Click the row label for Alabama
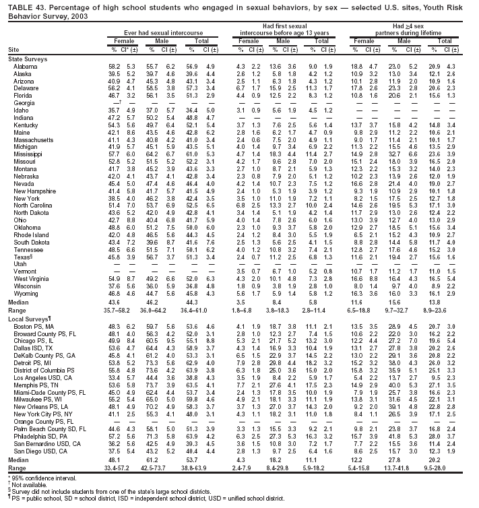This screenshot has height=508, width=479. click(x=25, y=67)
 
